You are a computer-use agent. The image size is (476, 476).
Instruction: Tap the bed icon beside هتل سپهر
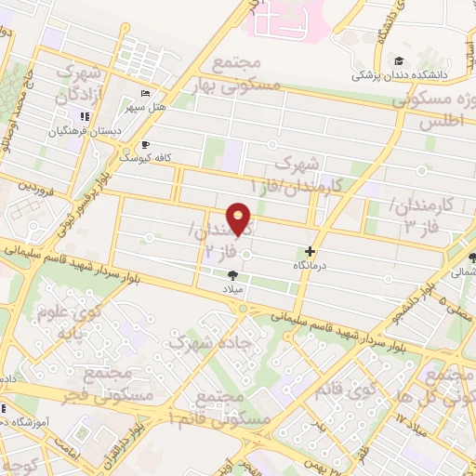click(144, 94)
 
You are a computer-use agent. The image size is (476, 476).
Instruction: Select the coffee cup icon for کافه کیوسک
click(145, 145)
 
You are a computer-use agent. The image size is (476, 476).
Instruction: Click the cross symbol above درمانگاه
click(311, 251)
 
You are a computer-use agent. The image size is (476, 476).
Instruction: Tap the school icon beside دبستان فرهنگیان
click(84, 116)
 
